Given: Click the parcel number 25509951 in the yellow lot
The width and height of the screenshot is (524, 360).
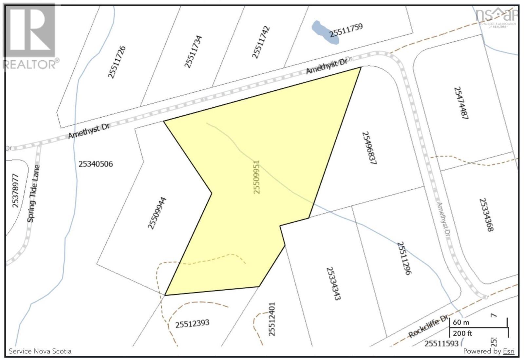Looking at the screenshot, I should (257, 177).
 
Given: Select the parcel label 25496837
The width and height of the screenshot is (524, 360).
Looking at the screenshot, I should (368, 148).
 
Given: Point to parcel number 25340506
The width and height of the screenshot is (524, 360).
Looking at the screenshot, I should (96, 164).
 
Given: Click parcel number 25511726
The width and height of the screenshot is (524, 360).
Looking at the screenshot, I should (117, 62).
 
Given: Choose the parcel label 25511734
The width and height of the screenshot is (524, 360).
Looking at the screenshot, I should (193, 51).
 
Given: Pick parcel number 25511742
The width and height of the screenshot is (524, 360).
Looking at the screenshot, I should (261, 42).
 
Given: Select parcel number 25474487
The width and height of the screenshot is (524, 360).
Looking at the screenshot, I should (460, 103).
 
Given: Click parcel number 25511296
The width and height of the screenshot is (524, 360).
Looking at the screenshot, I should (404, 258).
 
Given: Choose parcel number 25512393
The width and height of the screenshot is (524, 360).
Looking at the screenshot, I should (192, 324).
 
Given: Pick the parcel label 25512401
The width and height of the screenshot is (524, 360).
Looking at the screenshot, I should (271, 319).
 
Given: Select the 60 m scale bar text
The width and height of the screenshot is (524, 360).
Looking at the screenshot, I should (461, 322).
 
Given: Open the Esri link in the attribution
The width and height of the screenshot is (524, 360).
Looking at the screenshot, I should (509, 351).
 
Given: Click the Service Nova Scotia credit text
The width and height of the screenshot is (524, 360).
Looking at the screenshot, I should (40, 351).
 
